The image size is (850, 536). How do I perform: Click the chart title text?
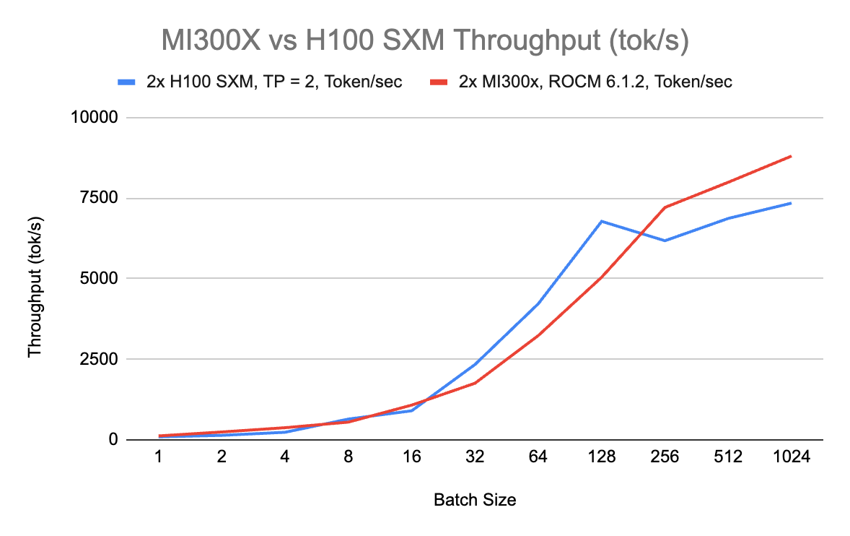(425, 40)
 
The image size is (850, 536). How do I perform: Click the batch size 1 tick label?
(158, 457)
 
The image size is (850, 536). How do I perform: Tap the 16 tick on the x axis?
(411, 457)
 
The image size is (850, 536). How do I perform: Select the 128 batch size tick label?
(601, 457)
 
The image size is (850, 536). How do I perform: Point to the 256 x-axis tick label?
(665, 457)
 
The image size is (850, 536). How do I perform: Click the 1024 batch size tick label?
(791, 457)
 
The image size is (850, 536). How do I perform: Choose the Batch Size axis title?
(475, 500)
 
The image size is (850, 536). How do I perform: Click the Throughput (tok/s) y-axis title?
(35, 279)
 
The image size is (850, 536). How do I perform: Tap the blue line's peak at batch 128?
(601, 221)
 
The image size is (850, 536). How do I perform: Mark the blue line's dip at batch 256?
(665, 241)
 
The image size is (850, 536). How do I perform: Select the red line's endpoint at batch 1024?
(791, 156)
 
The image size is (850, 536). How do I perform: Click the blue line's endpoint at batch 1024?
(791, 203)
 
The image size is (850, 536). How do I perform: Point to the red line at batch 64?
(538, 335)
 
